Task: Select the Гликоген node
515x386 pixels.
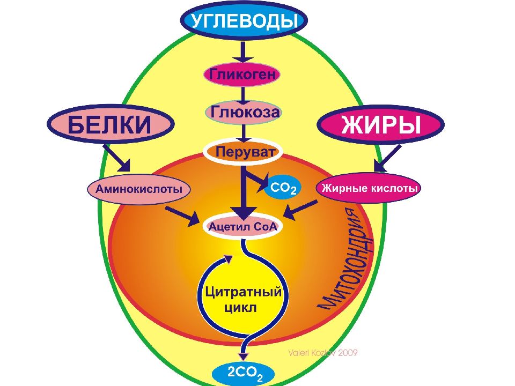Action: click(242, 74)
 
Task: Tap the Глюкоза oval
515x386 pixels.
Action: click(243, 112)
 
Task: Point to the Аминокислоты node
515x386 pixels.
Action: click(139, 189)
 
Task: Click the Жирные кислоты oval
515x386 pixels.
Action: click(369, 188)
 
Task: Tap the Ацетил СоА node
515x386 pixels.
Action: click(244, 226)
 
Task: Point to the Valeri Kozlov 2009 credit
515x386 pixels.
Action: click(322, 353)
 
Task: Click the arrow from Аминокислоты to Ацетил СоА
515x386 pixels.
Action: click(182, 213)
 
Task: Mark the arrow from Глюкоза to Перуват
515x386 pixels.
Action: click(243, 131)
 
